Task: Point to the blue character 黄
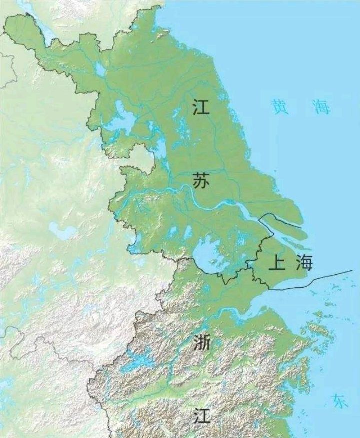pos(280,106)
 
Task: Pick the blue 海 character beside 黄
pos(322,106)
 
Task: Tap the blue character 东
pos(340,400)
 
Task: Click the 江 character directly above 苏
pos(201,107)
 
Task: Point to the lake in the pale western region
pos(62,231)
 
